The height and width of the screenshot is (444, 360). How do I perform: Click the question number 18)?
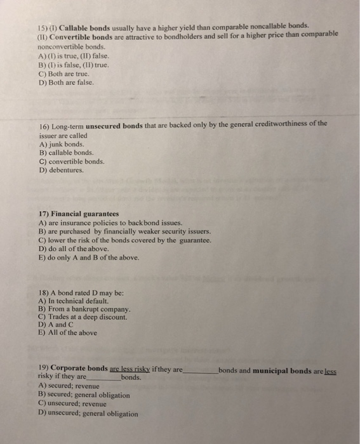tap(44, 292)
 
